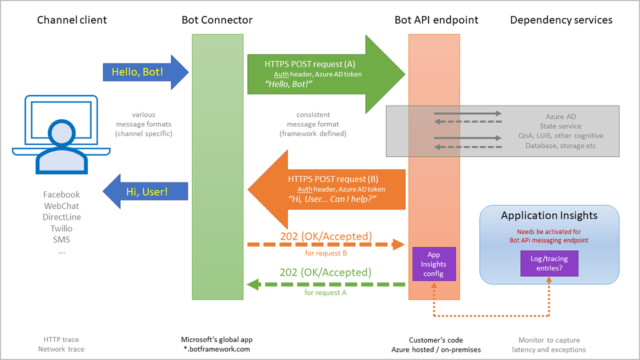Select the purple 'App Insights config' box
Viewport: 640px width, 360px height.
[434, 264]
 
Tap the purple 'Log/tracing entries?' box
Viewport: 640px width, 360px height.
[549, 263]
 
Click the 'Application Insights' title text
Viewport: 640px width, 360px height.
[549, 216]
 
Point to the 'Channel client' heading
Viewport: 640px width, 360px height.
[72, 20]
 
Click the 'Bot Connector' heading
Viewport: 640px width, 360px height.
[217, 20]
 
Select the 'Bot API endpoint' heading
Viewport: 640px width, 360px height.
[436, 20]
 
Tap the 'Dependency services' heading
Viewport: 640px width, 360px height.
[561, 20]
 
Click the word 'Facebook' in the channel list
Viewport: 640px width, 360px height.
[62, 194]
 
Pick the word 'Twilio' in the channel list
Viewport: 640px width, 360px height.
[62, 229]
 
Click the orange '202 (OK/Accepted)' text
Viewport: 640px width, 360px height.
[325, 236]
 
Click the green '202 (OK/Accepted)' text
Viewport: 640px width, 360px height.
[325, 272]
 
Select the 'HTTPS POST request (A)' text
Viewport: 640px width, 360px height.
[310, 64]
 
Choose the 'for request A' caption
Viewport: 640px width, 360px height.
[325, 292]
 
